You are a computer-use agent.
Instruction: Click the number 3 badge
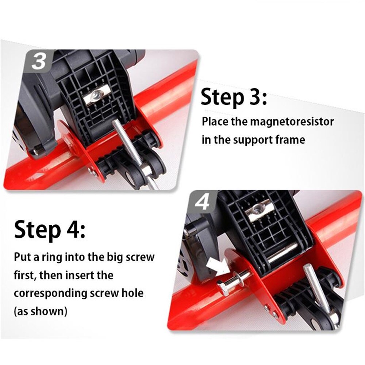point(38,61)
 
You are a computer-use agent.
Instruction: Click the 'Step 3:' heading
point(234,98)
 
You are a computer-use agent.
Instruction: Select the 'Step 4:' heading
point(50,230)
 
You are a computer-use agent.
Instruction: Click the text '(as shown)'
point(41,311)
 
